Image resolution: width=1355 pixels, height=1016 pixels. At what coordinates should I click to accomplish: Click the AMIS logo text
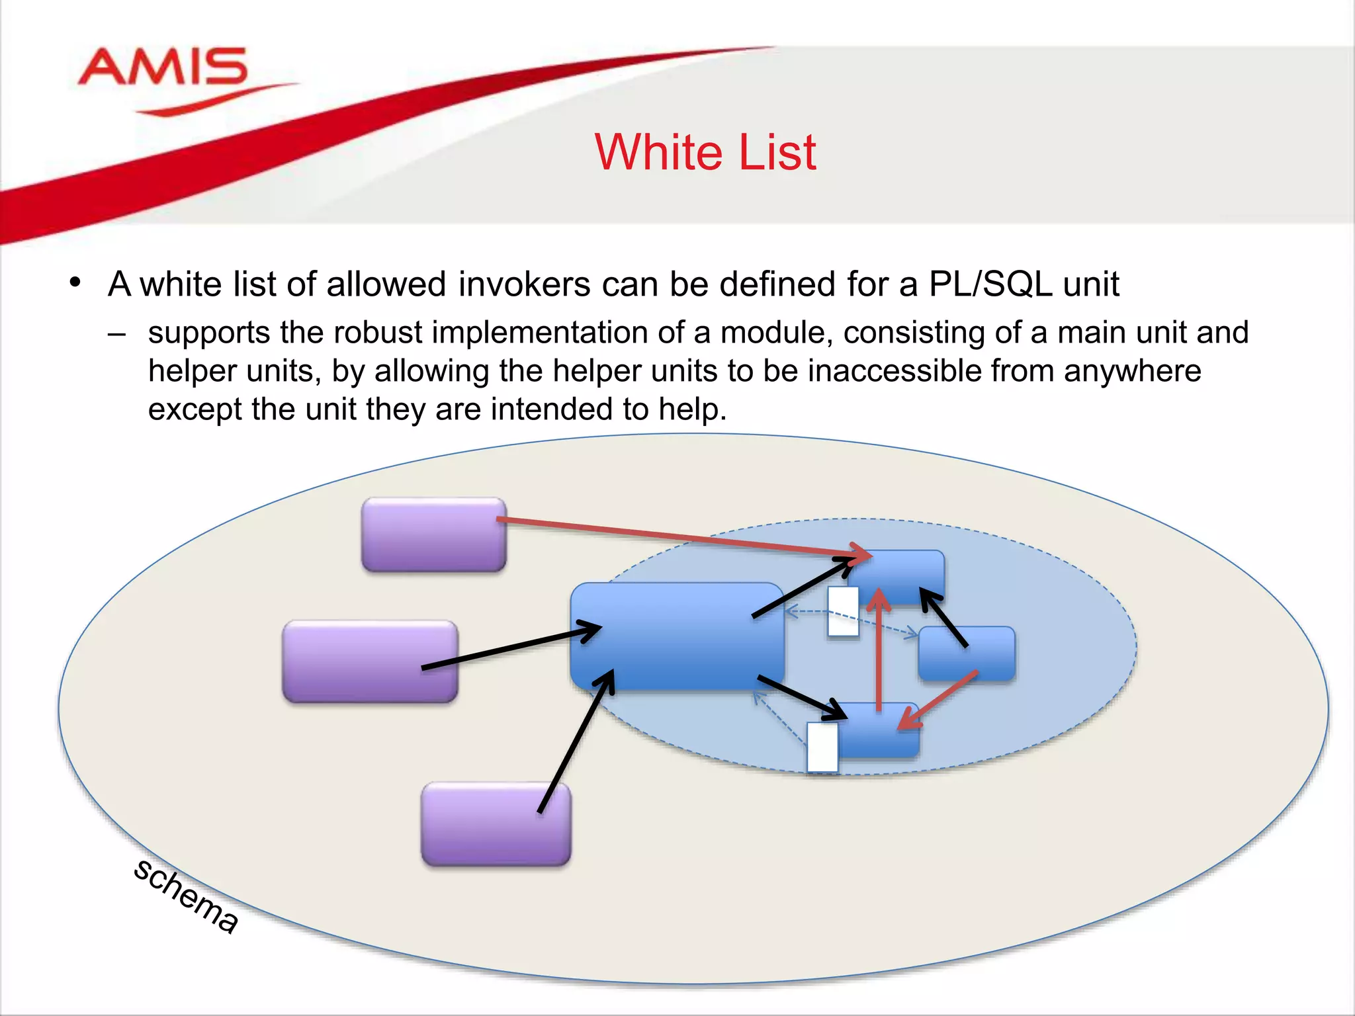[x=163, y=67]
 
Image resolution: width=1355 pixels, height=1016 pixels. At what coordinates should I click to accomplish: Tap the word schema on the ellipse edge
[x=185, y=896]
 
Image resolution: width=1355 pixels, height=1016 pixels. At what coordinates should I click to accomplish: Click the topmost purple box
[x=433, y=534]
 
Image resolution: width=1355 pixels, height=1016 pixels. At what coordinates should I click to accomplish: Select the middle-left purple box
[x=369, y=661]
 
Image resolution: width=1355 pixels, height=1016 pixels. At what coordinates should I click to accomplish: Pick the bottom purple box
[x=495, y=824]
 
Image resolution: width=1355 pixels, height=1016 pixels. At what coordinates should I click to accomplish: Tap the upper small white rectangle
[x=843, y=612]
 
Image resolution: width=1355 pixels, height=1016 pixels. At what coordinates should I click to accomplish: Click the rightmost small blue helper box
[x=966, y=654]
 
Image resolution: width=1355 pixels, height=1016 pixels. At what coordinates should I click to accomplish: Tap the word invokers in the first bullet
[x=523, y=284]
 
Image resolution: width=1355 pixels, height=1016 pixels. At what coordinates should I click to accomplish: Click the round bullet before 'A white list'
[x=75, y=283]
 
